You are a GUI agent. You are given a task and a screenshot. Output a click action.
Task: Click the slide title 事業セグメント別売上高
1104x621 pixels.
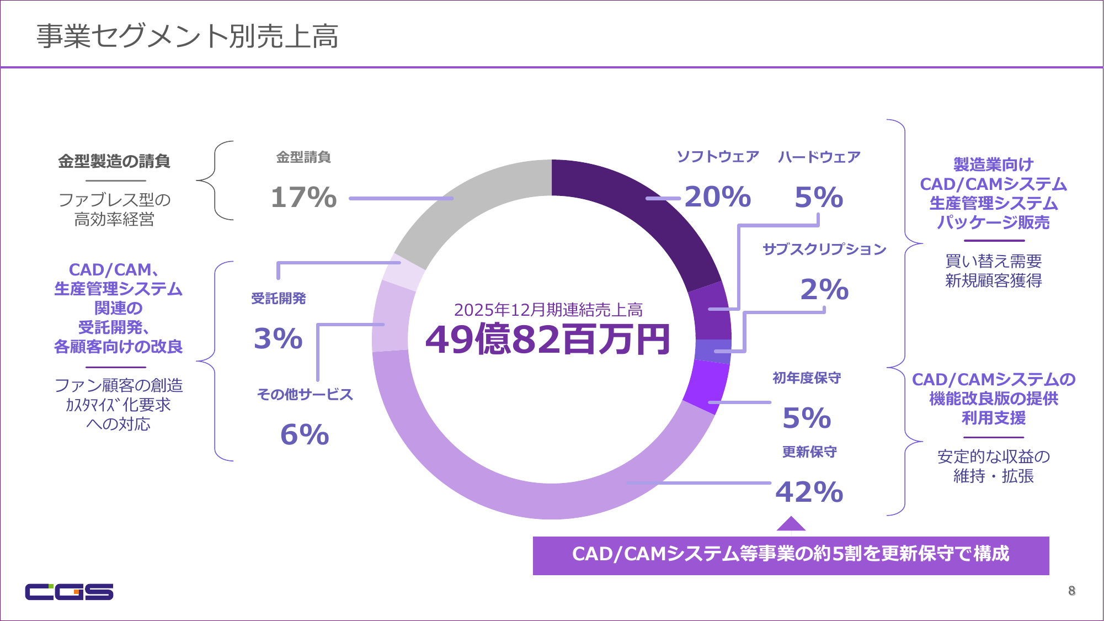tap(188, 36)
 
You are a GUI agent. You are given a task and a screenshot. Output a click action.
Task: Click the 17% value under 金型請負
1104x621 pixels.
tap(303, 198)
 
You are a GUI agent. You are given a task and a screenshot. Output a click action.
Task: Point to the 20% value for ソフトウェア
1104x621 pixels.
tap(718, 197)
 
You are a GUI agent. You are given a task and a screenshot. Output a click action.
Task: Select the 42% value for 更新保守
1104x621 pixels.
tap(809, 492)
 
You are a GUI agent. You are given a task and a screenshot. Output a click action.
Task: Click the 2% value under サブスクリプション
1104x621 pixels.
tap(824, 289)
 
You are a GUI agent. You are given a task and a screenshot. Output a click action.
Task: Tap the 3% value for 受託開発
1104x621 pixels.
tap(278, 338)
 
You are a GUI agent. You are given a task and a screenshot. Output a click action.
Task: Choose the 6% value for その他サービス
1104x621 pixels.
tap(305, 434)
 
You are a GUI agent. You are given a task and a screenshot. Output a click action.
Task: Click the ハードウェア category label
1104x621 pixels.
tap(819, 157)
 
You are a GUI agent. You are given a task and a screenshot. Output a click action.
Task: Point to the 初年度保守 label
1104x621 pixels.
tap(807, 378)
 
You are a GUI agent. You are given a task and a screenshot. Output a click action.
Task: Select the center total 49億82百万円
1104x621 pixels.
tap(548, 339)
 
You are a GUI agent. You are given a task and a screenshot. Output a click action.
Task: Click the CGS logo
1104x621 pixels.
tap(69, 591)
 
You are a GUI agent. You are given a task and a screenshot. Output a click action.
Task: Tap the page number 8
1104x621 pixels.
tap(1071, 591)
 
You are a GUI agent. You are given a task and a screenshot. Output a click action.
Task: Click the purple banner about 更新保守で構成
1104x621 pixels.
tap(791, 555)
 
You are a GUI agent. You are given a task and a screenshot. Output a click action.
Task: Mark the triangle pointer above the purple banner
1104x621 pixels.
tap(791, 524)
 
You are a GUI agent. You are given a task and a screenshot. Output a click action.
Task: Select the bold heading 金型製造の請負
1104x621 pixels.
tap(114, 161)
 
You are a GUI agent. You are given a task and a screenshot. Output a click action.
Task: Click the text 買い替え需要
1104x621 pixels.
tap(993, 261)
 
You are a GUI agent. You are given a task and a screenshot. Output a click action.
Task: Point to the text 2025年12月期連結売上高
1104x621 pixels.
tap(548, 310)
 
